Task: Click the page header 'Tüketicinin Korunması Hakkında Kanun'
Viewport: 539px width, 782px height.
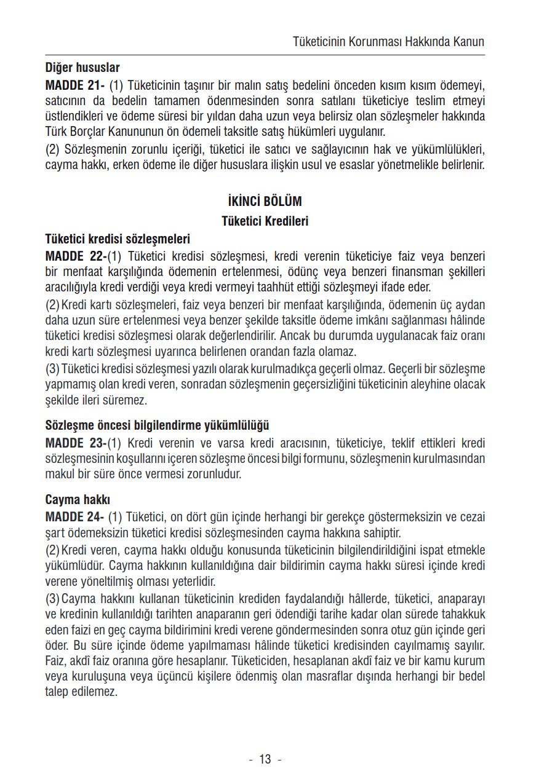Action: pos(388,42)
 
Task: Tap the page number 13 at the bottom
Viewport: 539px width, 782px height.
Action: pos(265,759)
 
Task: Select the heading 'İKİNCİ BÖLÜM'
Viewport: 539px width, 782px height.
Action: pos(265,202)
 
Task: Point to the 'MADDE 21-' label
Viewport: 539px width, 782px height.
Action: pos(74,84)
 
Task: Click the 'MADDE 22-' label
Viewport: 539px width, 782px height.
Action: pos(76,256)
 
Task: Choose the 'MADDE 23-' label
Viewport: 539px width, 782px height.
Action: pos(76,443)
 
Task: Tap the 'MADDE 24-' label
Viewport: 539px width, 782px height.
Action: pos(74,517)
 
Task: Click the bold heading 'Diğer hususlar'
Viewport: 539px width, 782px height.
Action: pos(82,68)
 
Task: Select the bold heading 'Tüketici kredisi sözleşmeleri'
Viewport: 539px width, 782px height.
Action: pos(118,239)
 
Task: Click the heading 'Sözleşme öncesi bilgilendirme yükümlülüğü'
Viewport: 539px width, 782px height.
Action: pos(158,425)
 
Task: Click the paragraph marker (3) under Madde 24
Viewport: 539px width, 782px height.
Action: pos(52,598)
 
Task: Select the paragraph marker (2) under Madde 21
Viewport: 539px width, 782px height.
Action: pos(53,149)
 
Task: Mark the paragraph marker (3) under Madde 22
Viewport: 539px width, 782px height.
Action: pos(52,368)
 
